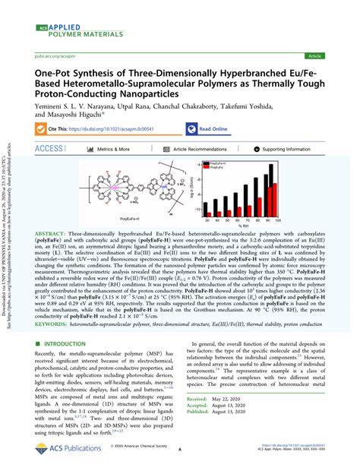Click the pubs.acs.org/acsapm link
coord(50,55)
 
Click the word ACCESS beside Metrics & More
coord(49,150)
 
